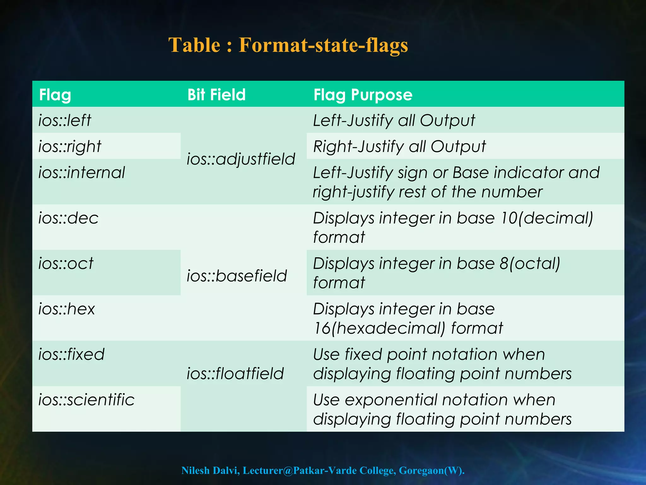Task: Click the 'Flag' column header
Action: coord(55,95)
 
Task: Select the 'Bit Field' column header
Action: coord(216,95)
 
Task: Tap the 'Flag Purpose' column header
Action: coord(363,95)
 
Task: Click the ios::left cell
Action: coord(65,120)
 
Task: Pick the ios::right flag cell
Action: coord(70,147)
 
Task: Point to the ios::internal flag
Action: coord(82,173)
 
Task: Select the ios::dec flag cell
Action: coord(68,218)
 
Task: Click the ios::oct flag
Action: coord(66,263)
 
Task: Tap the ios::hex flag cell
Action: coord(67,309)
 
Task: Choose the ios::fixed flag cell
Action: coord(72,354)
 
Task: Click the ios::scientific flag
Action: coord(86,400)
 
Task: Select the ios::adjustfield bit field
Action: coord(241,159)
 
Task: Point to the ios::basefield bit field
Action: coord(237,276)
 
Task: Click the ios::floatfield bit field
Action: coord(235,374)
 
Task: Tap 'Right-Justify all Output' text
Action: coord(399,147)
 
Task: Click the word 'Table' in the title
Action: coord(194,45)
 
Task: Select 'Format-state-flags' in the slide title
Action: coord(323,45)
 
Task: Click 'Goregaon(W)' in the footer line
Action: coord(432,470)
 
